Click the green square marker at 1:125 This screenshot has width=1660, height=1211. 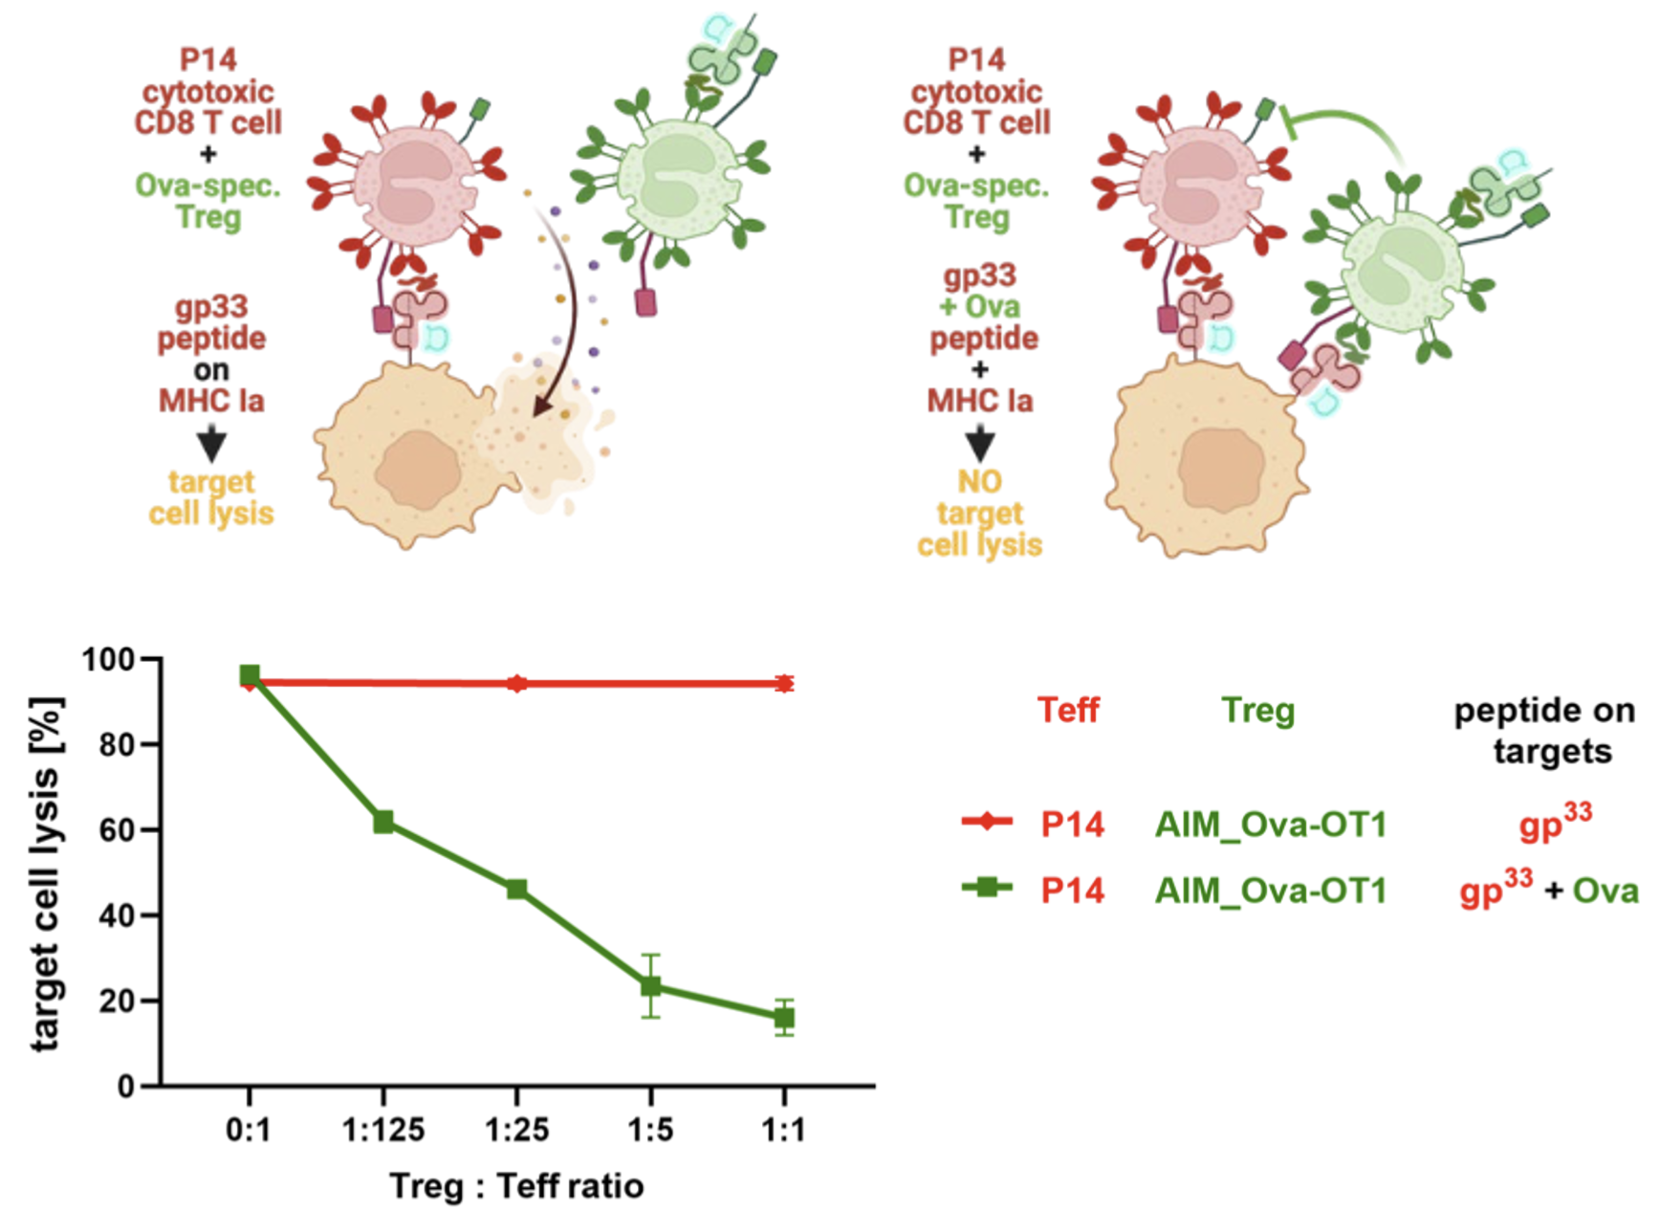[383, 822]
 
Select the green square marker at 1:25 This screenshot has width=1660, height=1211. [516, 889]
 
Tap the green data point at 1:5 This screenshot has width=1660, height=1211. [650, 986]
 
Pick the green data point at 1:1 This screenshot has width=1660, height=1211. [784, 1018]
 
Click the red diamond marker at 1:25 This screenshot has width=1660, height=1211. [516, 683]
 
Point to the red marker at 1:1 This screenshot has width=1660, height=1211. [784, 683]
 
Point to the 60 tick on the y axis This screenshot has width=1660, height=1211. [118, 829]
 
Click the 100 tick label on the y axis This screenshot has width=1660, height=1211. [108, 660]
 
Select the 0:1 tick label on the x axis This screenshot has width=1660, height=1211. [249, 1131]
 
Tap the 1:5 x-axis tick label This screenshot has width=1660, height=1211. [650, 1131]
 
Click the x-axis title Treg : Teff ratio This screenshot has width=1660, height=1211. [516, 1186]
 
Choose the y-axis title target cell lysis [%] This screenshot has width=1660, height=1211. [46, 873]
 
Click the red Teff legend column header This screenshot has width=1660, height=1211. [1068, 711]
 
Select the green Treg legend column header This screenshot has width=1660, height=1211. [1257, 711]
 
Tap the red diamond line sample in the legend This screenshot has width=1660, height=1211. [986, 822]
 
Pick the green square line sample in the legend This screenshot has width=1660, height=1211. [986, 888]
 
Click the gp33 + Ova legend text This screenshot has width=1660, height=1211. [1547, 890]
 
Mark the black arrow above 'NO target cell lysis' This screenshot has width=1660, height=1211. [979, 445]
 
